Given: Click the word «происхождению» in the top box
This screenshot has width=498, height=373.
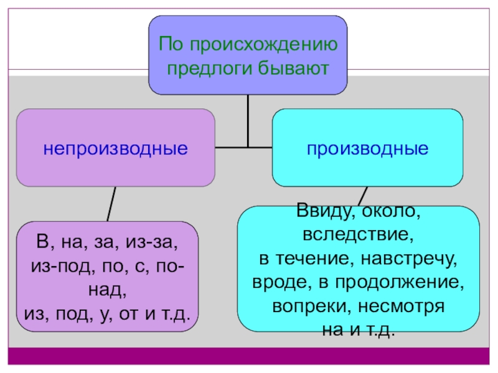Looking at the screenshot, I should coord(269,44).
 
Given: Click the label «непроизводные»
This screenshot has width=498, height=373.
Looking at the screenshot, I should coord(116,149).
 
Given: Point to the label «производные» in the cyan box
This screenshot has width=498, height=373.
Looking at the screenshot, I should coord(367,149).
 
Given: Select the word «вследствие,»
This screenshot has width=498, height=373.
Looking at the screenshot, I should coord(358,236).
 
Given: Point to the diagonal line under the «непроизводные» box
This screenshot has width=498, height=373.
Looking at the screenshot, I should coord(112,203).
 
